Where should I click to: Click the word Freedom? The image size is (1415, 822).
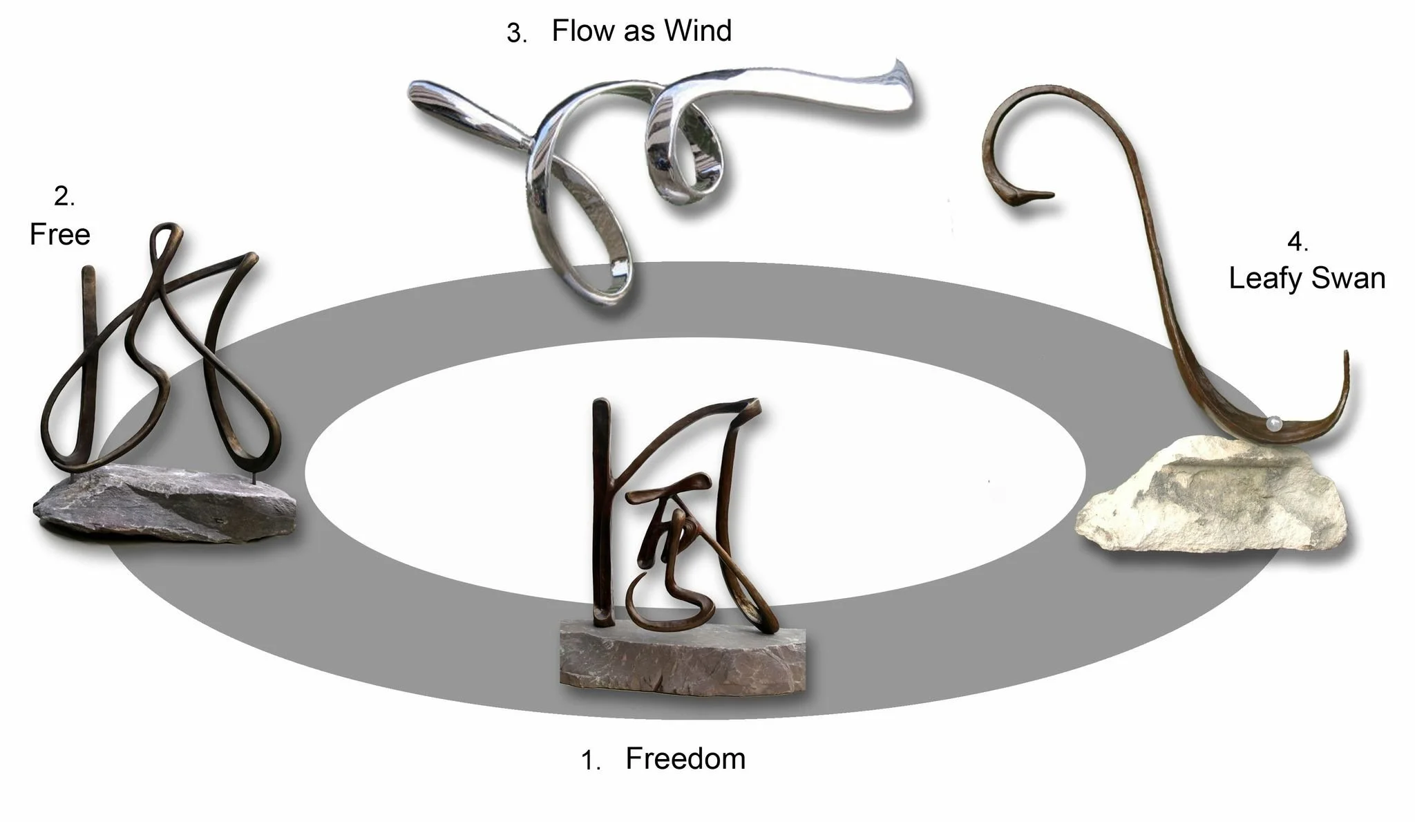[x=685, y=759]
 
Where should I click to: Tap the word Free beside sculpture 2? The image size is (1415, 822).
[x=60, y=235]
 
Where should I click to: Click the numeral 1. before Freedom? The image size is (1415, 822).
[x=591, y=762]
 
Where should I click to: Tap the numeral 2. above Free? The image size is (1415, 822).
[x=64, y=198]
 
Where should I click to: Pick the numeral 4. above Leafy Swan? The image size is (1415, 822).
[x=1298, y=243]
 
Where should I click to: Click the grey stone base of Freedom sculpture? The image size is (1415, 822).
[x=684, y=660]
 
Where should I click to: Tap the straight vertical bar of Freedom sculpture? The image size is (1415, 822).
[x=601, y=505]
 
